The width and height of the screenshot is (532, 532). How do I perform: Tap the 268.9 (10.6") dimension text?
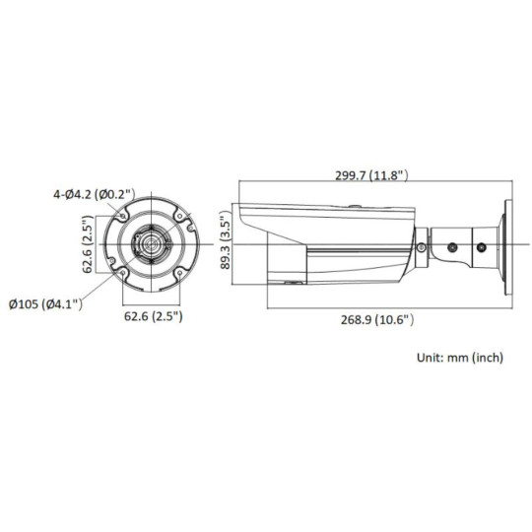(x=370, y=319)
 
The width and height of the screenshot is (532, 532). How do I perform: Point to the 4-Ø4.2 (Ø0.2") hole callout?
(x=94, y=194)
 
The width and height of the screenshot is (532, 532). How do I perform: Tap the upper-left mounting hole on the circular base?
(x=123, y=214)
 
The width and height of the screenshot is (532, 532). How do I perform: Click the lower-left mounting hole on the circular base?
(x=123, y=272)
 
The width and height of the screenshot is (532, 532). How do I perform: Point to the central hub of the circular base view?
(x=153, y=242)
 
